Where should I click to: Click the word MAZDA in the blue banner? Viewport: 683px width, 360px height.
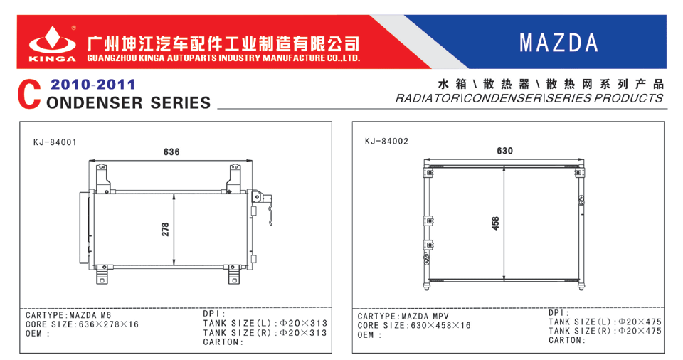click(x=558, y=43)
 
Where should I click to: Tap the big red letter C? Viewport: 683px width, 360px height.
click(x=29, y=94)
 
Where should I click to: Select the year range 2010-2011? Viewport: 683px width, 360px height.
click(x=92, y=84)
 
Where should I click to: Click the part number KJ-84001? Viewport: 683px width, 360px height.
click(x=55, y=142)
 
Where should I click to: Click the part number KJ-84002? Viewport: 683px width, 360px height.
click(x=387, y=141)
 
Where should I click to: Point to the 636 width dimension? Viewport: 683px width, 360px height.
click(x=171, y=152)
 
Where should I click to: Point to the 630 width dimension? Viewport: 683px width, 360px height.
click(x=505, y=151)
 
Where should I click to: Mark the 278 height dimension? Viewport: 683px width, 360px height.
click(x=165, y=230)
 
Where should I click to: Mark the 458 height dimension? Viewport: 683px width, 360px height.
click(x=495, y=223)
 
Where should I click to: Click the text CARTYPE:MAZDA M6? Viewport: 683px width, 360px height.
click(x=68, y=314)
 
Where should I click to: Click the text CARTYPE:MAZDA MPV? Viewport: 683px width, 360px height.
click(x=403, y=316)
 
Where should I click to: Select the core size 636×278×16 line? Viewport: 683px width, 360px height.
click(x=82, y=324)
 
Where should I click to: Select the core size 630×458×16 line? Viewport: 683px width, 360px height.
click(x=414, y=326)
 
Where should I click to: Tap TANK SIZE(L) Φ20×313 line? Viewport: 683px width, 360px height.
click(x=265, y=323)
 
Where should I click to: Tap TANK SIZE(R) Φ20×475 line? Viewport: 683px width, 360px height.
click(x=605, y=331)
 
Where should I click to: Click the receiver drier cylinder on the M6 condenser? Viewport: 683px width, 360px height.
click(x=84, y=228)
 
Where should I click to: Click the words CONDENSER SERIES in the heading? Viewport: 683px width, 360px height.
click(x=129, y=103)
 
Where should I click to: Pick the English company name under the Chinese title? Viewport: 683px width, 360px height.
click(x=223, y=58)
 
